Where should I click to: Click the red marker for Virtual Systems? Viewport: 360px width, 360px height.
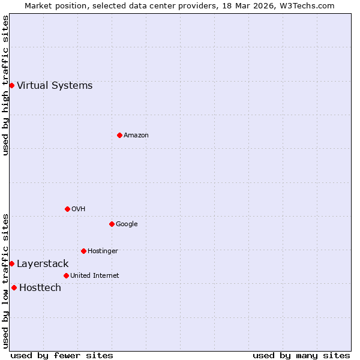[x=11, y=85]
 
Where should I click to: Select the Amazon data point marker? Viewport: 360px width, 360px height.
[x=119, y=135]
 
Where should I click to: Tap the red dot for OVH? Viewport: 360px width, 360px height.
[x=67, y=209]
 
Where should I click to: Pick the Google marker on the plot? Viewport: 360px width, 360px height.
[x=112, y=224]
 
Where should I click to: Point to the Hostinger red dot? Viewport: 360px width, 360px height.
[x=83, y=251]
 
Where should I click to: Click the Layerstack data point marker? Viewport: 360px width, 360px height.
[x=11, y=263]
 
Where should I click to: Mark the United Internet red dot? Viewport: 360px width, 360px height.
[x=66, y=275]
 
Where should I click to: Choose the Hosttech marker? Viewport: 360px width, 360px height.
[x=14, y=287]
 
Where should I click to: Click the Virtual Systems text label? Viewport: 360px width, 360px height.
[x=55, y=85]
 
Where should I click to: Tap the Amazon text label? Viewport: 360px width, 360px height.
[x=136, y=135]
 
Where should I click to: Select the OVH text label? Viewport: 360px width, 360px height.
[x=79, y=209]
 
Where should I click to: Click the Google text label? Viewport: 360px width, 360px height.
[x=127, y=224]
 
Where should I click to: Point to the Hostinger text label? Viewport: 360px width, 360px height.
[x=103, y=251]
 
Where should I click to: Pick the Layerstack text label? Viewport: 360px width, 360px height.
[x=43, y=263]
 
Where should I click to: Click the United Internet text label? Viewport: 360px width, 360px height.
[x=94, y=275]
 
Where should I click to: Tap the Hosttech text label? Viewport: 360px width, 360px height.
[x=40, y=287]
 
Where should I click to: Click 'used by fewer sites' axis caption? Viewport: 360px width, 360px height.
[x=62, y=355]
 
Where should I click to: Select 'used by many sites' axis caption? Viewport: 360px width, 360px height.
[x=301, y=355]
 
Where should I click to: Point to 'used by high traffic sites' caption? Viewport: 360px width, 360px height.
[x=5, y=85]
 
